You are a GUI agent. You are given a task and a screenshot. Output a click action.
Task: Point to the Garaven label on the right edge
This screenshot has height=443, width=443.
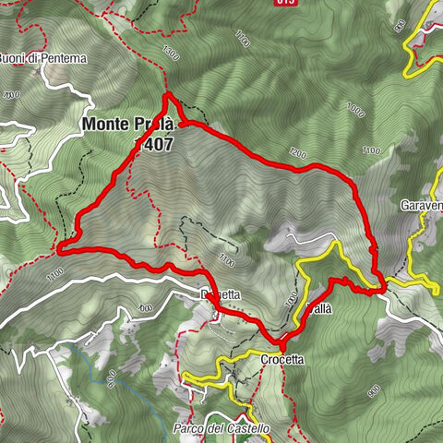422,204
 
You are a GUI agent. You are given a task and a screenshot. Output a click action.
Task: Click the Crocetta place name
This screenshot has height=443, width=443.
282,359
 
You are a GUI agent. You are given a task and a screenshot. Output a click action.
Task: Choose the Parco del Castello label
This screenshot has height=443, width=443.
221,429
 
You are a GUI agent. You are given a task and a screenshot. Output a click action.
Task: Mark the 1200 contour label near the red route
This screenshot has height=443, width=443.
295,153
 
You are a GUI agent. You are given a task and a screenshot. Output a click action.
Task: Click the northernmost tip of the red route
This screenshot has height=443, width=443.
166,95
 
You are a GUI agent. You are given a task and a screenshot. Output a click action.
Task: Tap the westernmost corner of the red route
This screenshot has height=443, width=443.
59,249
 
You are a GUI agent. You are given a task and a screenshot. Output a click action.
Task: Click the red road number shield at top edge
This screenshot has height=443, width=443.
286,3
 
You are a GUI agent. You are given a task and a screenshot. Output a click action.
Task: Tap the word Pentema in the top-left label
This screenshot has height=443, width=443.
66,58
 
